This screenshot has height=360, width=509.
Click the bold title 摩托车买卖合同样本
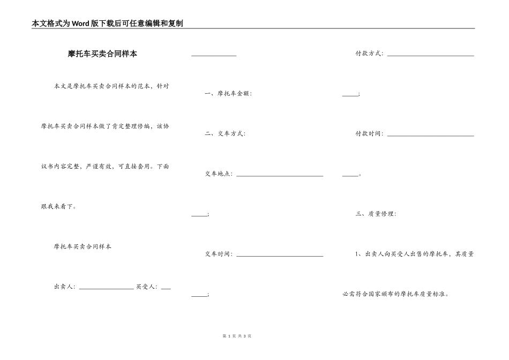tap(102, 54)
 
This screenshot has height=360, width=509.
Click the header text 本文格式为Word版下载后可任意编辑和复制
tap(107, 24)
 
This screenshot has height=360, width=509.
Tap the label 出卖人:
tap(65, 287)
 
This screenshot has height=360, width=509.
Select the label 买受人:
tap(146, 287)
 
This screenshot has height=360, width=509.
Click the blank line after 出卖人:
tap(106, 288)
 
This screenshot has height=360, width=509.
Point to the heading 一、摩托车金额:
tap(228, 93)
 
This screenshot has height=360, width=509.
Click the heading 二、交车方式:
tap(225, 133)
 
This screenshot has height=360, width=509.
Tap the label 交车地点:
tap(219, 174)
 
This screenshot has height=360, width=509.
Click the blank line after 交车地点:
tap(279, 175)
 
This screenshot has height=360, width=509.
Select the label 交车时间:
tap(219, 254)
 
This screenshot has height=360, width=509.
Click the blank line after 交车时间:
tap(279, 256)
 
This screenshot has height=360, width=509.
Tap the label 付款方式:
tap(369, 54)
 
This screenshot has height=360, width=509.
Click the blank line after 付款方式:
tap(430, 55)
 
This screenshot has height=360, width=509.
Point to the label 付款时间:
tap(369, 133)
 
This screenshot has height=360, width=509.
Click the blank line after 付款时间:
tap(430, 135)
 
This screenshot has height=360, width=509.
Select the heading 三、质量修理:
tap(376, 214)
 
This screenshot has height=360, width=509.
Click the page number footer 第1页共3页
tap(236, 336)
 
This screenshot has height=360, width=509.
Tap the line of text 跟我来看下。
tap(59, 206)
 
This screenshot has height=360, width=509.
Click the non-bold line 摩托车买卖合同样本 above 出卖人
tap(83, 246)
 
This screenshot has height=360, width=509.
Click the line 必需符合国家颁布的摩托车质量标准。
tap(396, 294)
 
